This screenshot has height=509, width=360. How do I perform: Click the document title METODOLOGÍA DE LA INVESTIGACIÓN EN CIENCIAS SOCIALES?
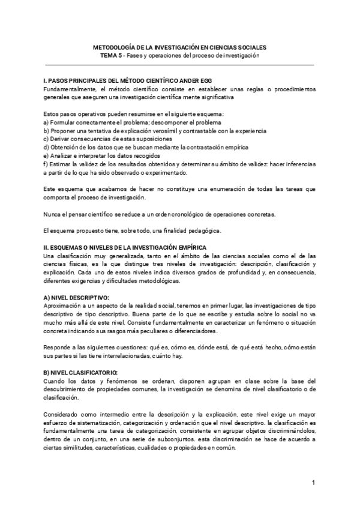coord(180,46)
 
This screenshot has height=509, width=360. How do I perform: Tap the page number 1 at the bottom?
coord(313,483)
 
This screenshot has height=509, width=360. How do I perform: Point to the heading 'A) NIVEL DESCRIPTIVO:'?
coord(76,298)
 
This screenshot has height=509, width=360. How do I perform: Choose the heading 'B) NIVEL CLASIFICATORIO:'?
coord(80,373)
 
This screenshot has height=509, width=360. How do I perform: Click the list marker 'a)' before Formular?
coord(47,122)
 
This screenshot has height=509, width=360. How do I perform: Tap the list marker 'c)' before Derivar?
coord(47,138)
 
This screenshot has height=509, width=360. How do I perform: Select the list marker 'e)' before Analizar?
coord(47,155)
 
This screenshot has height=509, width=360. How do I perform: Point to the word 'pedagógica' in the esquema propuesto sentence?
coord(204,230)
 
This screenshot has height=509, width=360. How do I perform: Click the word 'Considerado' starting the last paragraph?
coord(62,414)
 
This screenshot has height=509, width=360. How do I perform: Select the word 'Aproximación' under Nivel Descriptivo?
coord(63,306)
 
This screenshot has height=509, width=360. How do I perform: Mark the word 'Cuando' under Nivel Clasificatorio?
coord(55,381)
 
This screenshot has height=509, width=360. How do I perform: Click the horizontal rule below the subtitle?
coord(180,63)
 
